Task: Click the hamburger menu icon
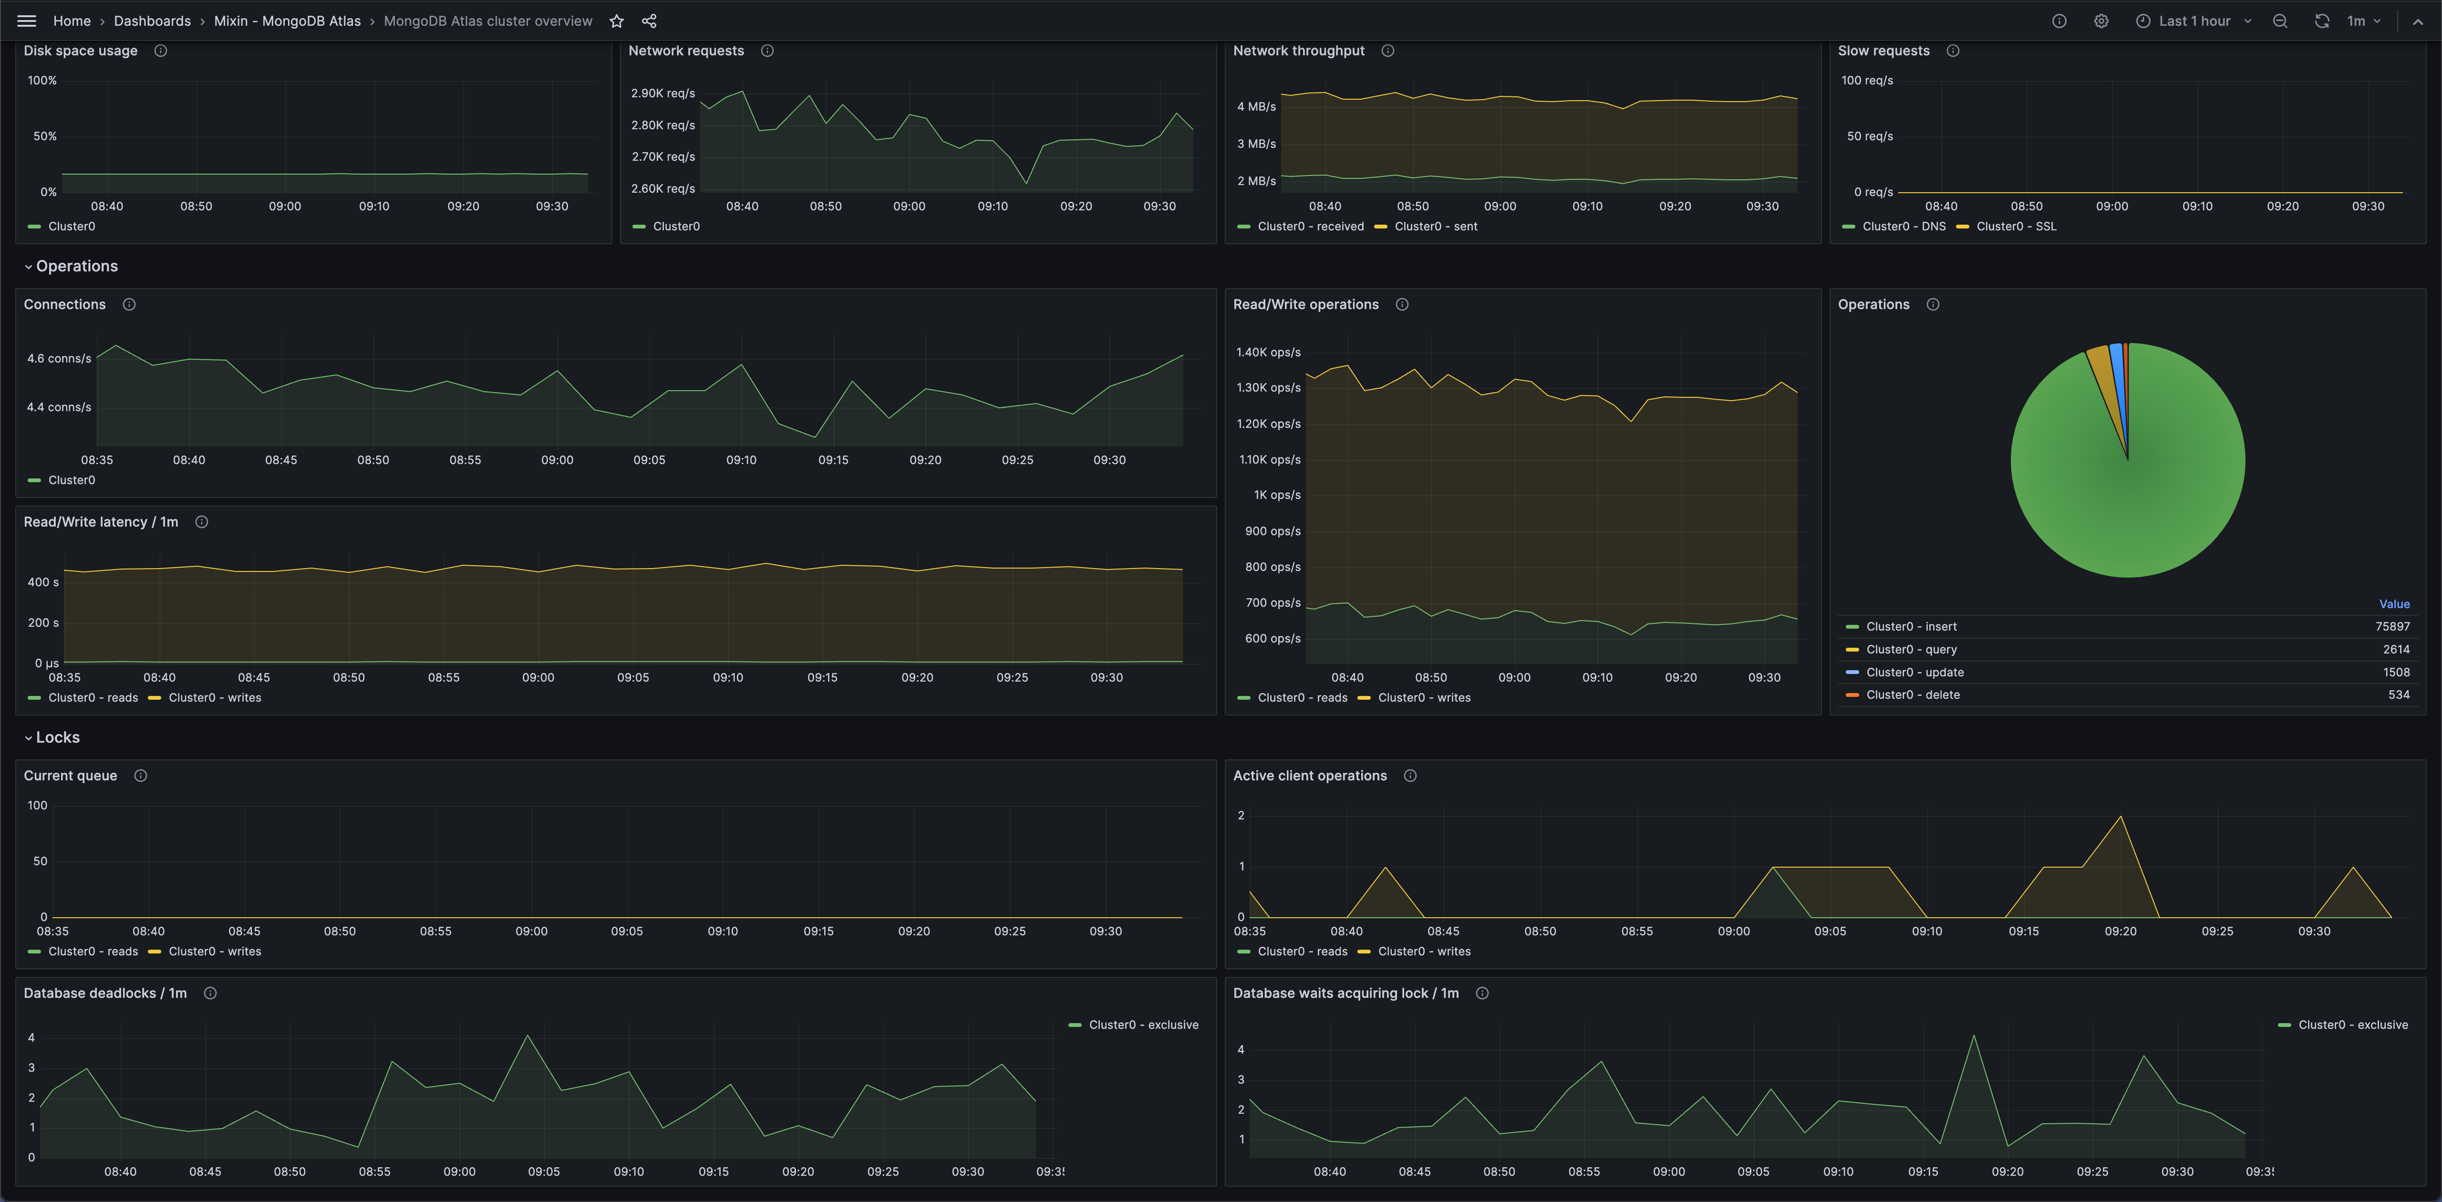(x=27, y=21)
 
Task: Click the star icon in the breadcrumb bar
(x=616, y=21)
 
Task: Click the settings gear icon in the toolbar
(x=2101, y=21)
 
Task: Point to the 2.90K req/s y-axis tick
(x=662, y=93)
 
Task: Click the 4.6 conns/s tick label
(x=59, y=358)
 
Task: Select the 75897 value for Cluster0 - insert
(x=2392, y=627)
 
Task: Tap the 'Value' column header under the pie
(x=2394, y=604)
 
